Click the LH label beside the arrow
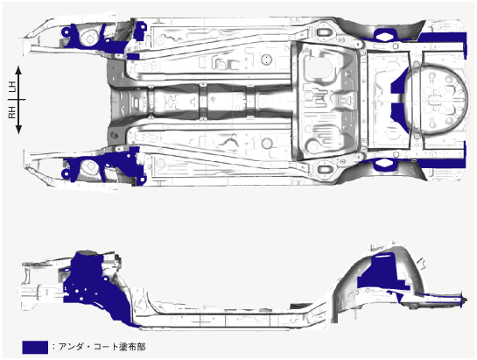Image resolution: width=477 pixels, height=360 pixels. click(12, 88)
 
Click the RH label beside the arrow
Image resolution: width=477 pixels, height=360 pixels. click(12, 112)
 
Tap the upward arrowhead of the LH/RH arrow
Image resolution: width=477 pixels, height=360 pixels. click(18, 70)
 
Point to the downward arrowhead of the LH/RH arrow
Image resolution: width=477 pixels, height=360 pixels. click(18, 130)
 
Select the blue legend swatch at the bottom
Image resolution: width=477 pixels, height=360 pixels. click(35, 347)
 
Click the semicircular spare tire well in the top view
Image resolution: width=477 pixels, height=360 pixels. click(438, 100)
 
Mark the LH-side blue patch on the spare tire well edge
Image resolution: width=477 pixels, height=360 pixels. click(399, 81)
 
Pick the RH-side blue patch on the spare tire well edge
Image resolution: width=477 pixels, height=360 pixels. click(399, 117)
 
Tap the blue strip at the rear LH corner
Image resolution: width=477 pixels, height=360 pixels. click(444, 40)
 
